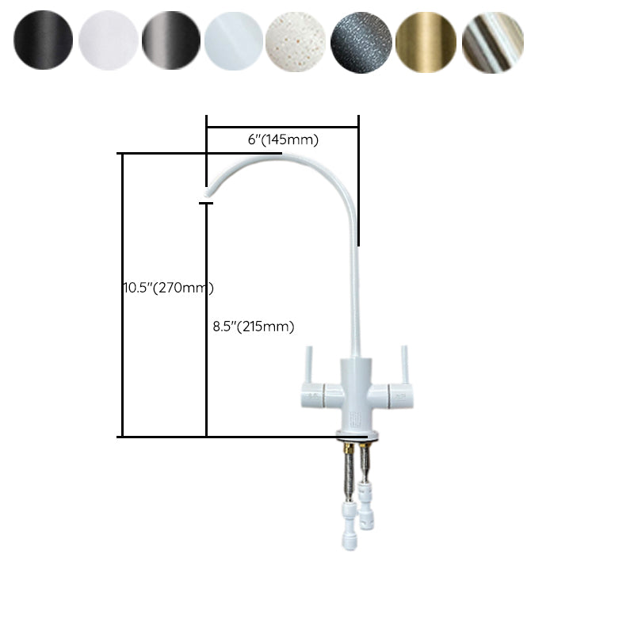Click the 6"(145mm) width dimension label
tap(283, 140)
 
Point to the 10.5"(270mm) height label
tap(167, 288)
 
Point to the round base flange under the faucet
tap(357, 434)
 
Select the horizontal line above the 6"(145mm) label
tap(283, 126)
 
